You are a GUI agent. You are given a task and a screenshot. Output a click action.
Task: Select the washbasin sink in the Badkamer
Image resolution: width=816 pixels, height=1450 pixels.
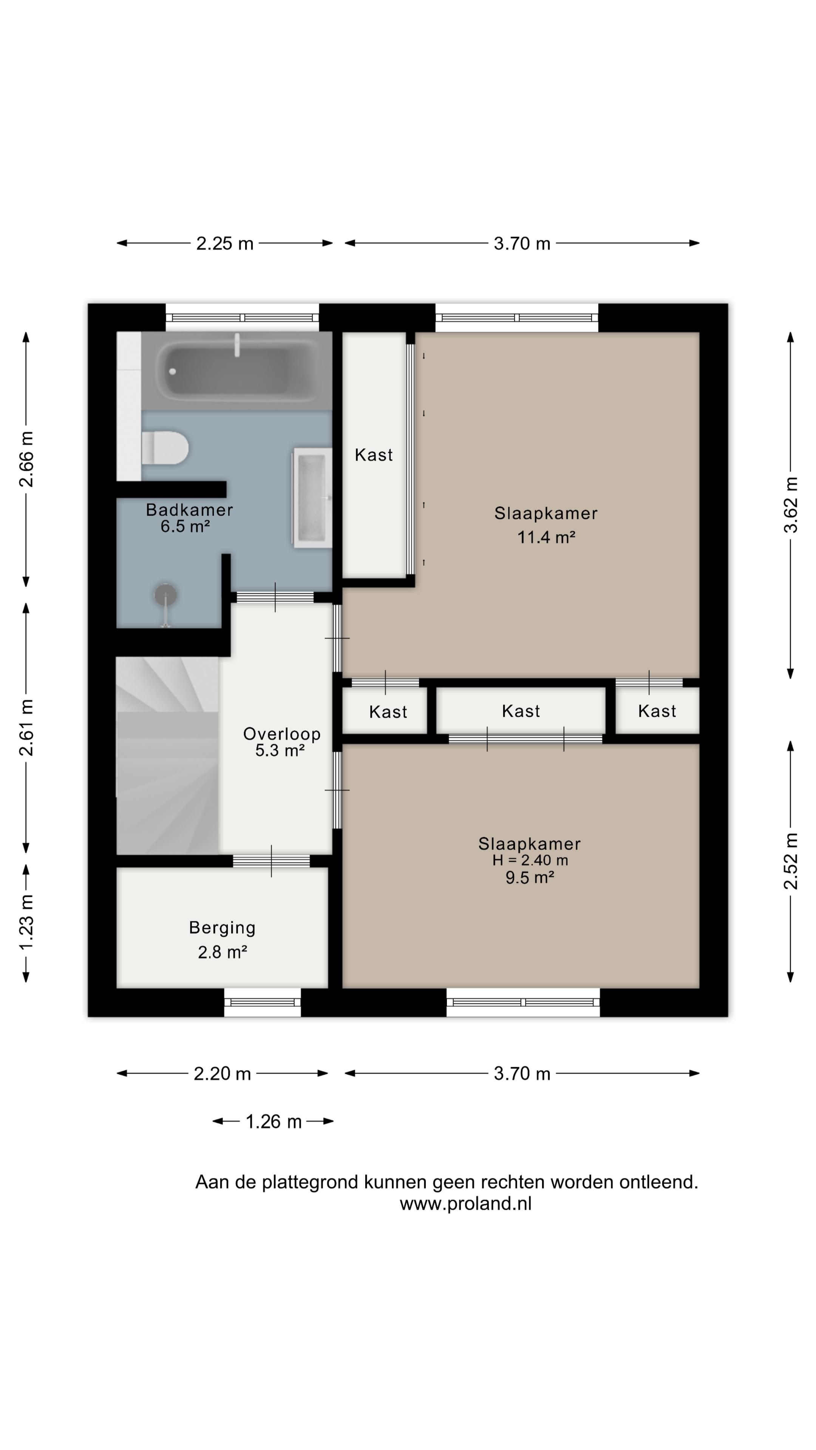coord(311,498)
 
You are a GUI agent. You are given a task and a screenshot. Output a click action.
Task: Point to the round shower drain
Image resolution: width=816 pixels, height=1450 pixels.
coord(165,594)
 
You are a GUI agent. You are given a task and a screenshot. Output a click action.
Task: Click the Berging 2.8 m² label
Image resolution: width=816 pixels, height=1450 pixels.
coord(223,939)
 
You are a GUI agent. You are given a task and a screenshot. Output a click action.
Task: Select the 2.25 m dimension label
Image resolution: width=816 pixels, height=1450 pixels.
coord(225,244)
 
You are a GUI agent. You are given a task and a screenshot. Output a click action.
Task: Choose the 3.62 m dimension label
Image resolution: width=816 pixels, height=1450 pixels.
coord(791,504)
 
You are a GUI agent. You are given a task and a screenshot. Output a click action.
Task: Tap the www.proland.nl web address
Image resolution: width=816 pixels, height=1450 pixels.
coord(465,1203)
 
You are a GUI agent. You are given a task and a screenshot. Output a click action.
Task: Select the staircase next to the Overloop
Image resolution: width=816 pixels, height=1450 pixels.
coord(167,755)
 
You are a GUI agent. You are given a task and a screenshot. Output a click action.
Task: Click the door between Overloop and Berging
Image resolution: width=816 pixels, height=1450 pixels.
coord(272,861)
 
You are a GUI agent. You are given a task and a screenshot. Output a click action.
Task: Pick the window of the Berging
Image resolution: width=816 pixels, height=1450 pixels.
coord(263,1002)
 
